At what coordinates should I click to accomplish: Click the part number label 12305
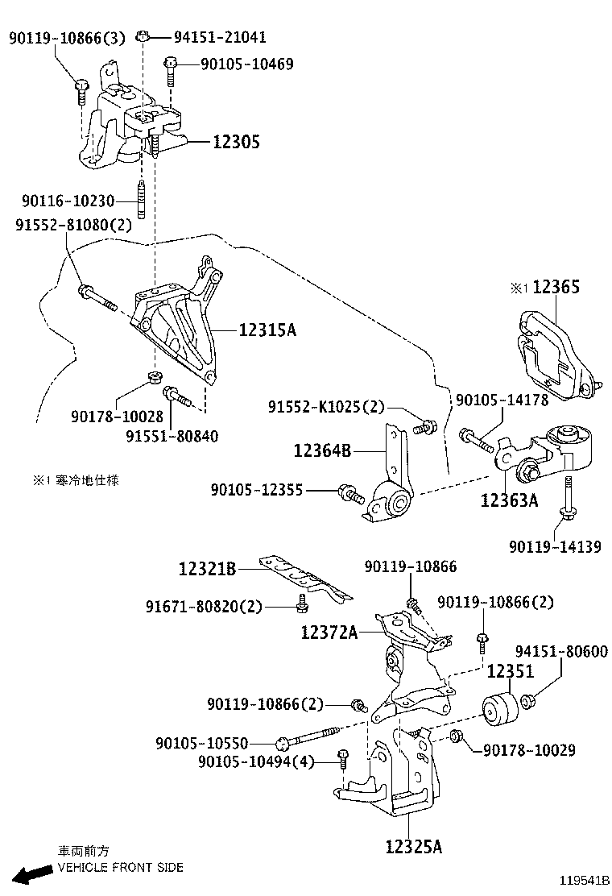pos(236,142)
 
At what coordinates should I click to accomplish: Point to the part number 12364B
pos(322,452)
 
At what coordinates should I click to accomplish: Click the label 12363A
pos(509,500)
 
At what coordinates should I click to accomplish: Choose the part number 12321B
pos(207,570)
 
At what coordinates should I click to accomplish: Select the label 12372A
pos(329,632)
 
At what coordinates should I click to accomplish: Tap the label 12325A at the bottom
pos(413,846)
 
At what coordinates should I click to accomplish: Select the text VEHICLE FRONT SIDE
pos(120,868)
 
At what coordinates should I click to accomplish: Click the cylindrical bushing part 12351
pos(499,709)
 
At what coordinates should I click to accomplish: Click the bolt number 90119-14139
pos(554,546)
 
